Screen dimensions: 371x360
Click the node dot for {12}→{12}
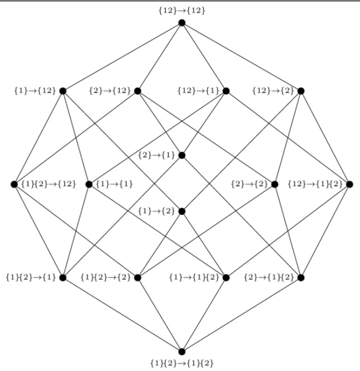coord(181,22)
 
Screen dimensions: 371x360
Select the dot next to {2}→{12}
coord(138,91)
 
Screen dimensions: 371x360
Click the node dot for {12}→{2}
coord(301,91)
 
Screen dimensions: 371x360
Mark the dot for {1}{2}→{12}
coord(14,184)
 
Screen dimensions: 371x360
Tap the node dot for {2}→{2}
coord(275,184)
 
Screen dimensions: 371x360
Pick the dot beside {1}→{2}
coord(181,211)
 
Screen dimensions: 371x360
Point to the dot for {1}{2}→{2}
coord(138,277)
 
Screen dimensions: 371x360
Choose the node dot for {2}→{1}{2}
coord(301,277)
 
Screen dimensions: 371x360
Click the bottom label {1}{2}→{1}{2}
coord(181,363)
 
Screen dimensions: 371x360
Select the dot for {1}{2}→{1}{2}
coord(181,351)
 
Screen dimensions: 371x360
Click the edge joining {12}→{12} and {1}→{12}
coord(122,57)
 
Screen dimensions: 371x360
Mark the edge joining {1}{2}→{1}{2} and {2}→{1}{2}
coord(241,314)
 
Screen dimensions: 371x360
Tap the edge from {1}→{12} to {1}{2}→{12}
coord(38,138)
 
